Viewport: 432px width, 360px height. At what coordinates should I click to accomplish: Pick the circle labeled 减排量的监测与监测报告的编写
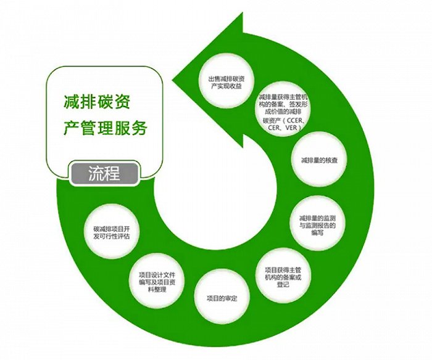317,221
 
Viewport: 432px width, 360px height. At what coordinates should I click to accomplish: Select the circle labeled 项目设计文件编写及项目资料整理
158,276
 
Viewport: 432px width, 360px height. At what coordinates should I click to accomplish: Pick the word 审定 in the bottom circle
228,298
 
